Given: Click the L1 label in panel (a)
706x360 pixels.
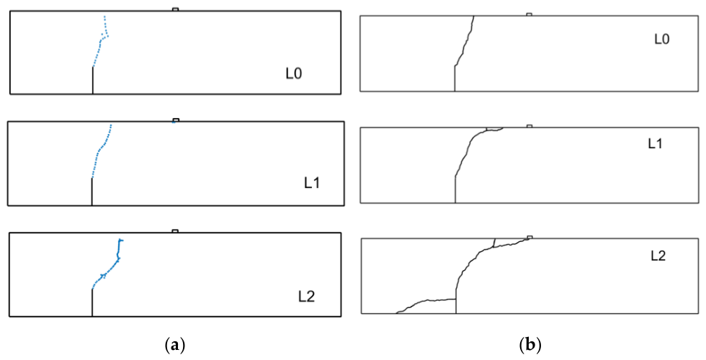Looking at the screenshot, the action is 311,184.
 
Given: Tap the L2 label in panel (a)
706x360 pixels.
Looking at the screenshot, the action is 305,297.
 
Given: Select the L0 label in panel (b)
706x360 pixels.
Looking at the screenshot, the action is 662,39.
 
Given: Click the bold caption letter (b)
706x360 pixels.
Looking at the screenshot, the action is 529,345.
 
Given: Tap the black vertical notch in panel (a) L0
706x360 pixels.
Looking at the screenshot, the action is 93,81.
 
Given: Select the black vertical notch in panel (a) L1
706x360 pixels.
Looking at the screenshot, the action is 92,192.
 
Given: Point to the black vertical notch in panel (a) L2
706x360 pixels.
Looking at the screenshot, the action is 92,303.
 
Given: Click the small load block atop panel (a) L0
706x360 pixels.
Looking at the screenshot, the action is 176,9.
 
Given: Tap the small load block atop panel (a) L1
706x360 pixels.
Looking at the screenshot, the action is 176,120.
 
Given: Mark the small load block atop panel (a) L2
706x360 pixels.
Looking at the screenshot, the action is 175,231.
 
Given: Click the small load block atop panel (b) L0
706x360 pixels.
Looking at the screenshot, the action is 529,14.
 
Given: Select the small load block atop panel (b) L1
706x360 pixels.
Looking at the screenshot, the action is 529,126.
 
